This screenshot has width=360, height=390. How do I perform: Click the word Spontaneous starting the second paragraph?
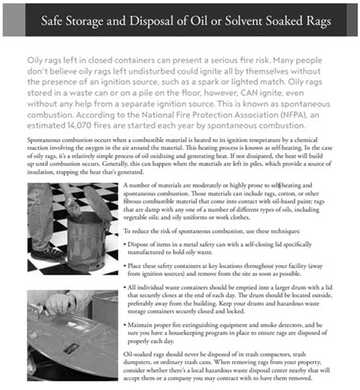(x=43, y=141)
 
